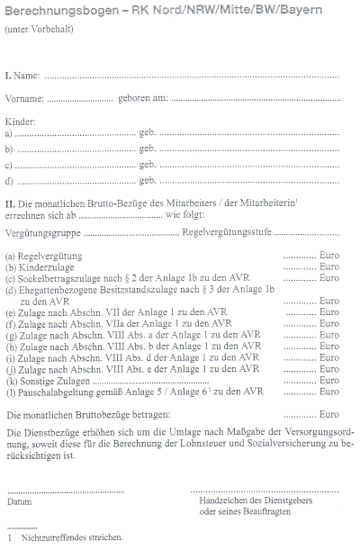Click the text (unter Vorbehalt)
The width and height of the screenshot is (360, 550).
point(40,31)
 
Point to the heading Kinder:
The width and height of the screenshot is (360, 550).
point(21,121)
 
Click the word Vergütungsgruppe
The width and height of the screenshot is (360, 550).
point(41,231)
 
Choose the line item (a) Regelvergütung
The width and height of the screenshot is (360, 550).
point(44,256)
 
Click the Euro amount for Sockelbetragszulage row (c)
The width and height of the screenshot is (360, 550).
point(328,277)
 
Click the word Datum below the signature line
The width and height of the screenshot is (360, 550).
point(19,501)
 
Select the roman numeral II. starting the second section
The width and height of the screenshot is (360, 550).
point(11,204)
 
